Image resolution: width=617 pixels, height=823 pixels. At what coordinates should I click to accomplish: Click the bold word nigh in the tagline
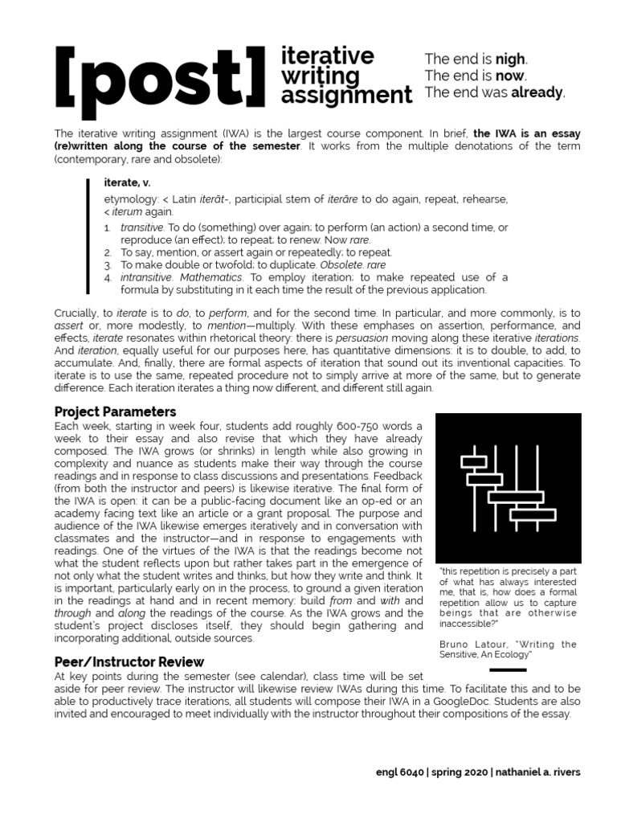click(x=510, y=59)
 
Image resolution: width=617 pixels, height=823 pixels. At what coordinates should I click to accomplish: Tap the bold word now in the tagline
click(x=510, y=76)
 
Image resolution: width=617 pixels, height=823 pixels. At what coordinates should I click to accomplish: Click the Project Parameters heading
click(x=115, y=411)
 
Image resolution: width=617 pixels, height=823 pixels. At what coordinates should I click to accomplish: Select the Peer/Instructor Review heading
click(x=129, y=662)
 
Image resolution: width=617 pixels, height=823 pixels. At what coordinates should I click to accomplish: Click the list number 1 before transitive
click(x=108, y=228)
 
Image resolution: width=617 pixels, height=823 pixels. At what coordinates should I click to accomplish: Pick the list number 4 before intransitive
click(x=108, y=277)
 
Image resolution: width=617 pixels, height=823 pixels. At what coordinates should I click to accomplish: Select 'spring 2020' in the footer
click(x=461, y=772)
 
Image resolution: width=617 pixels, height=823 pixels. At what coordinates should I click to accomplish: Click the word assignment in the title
click(x=346, y=96)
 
